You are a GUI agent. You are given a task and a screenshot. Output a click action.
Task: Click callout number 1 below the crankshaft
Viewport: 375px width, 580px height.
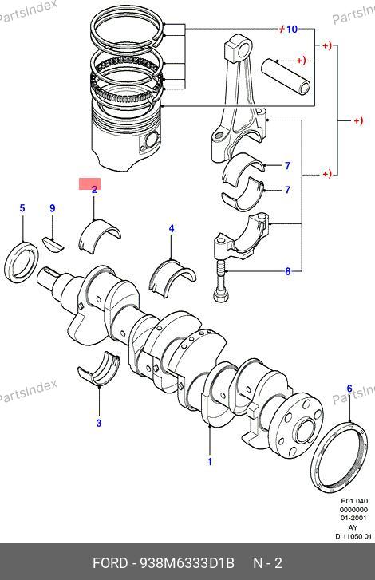pyautogui.click(x=210, y=461)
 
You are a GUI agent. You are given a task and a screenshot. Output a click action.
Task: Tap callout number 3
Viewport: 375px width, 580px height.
pyautogui.click(x=99, y=423)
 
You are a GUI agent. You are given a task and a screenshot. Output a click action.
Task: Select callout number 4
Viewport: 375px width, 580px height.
pyautogui.click(x=172, y=229)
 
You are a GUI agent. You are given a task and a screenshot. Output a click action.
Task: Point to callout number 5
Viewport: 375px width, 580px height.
pyautogui.click(x=22, y=208)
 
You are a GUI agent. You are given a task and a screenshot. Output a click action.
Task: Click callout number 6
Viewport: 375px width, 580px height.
pyautogui.click(x=349, y=389)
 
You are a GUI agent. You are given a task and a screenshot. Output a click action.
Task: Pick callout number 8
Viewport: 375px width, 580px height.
pyautogui.click(x=288, y=271)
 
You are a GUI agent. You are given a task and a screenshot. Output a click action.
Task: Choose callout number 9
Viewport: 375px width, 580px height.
pyautogui.click(x=52, y=208)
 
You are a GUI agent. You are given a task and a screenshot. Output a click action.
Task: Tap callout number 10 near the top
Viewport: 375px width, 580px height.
pyautogui.click(x=292, y=29)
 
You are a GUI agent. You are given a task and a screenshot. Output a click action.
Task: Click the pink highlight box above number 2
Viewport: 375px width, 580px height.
pyautogui.click(x=89, y=183)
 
